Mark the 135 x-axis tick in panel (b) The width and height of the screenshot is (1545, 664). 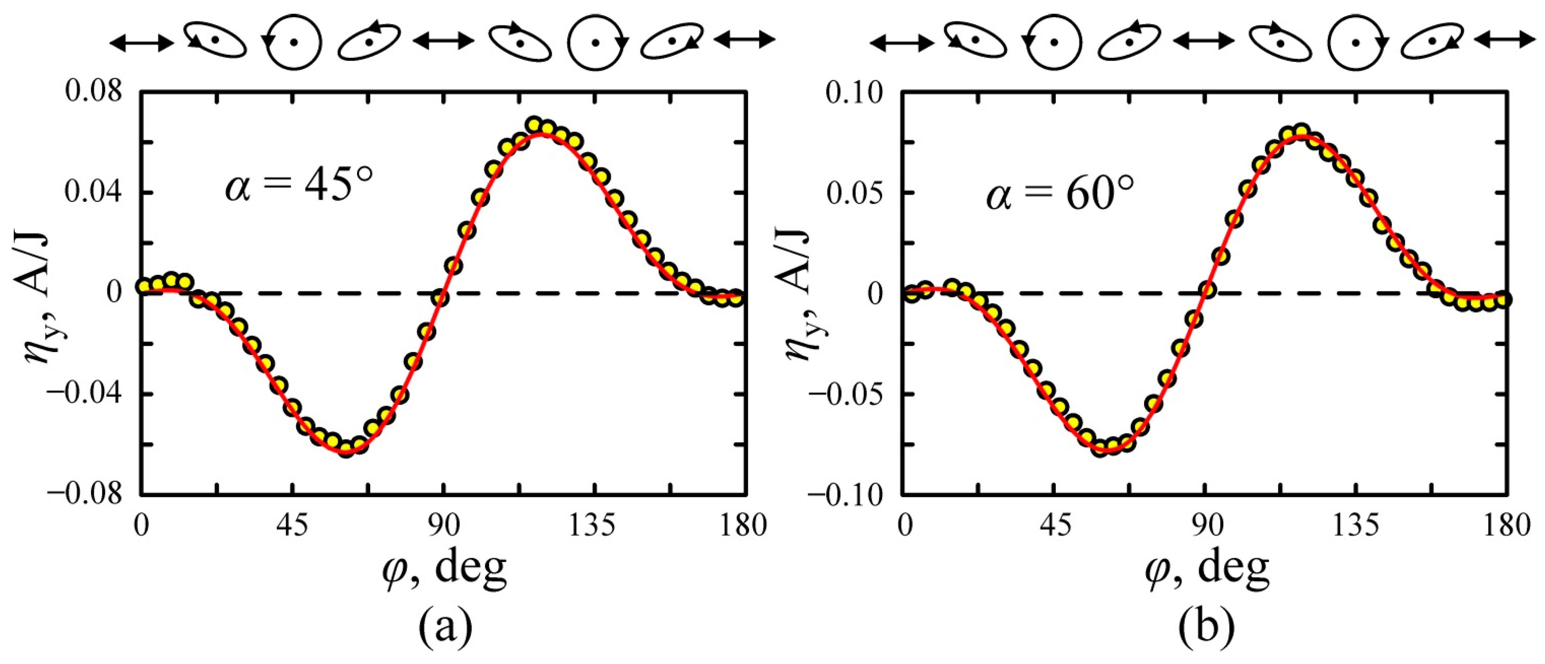click(x=1357, y=526)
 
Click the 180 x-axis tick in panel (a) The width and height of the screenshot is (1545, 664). click(x=744, y=526)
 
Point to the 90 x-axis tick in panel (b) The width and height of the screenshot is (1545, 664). click(x=1206, y=526)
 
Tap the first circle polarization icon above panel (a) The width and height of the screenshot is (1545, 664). click(x=294, y=42)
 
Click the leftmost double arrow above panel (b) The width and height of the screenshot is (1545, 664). click(x=901, y=42)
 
